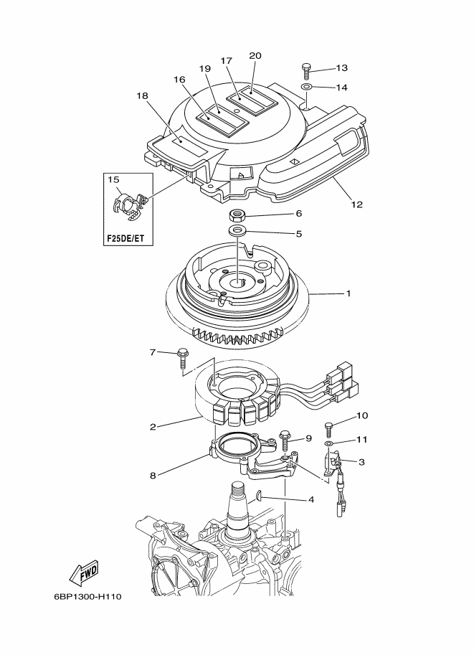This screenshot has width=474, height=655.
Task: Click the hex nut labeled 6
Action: click(x=237, y=215)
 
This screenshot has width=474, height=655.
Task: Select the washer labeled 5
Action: click(x=237, y=230)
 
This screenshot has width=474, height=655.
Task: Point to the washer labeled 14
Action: click(x=306, y=87)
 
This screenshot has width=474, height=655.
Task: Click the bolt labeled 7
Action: click(x=182, y=358)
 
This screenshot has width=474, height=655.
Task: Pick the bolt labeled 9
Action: click(x=286, y=440)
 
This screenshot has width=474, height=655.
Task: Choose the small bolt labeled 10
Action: click(x=329, y=430)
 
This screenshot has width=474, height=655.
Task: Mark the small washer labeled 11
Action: click(x=329, y=443)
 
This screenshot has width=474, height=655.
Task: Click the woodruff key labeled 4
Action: click(x=258, y=495)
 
